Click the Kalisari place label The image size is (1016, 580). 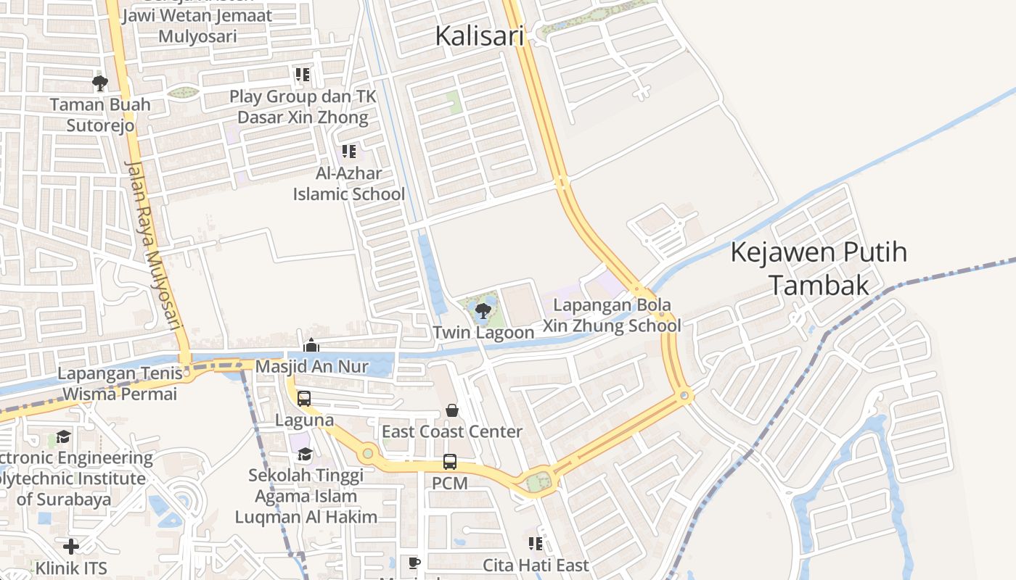[x=479, y=36]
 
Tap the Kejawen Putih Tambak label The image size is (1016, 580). [x=819, y=269]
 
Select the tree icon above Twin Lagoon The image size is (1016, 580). [x=483, y=312]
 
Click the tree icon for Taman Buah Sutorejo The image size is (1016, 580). [x=100, y=83]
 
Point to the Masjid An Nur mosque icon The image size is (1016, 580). [x=311, y=346]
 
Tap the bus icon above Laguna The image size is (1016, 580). [x=304, y=399]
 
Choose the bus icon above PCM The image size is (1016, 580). [x=450, y=461]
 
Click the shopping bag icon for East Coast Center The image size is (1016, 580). [x=452, y=410]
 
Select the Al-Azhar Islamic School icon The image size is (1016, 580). [x=349, y=152]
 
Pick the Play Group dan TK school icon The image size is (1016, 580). [x=302, y=75]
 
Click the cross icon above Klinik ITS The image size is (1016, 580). [x=71, y=546]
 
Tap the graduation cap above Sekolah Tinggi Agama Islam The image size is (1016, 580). [x=305, y=455]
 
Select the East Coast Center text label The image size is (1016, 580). [x=452, y=431]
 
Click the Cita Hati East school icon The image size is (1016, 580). [x=536, y=544]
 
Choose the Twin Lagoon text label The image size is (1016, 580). [x=483, y=333]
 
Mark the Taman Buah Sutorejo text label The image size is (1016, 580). [x=100, y=115]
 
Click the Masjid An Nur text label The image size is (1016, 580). [x=312, y=367]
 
